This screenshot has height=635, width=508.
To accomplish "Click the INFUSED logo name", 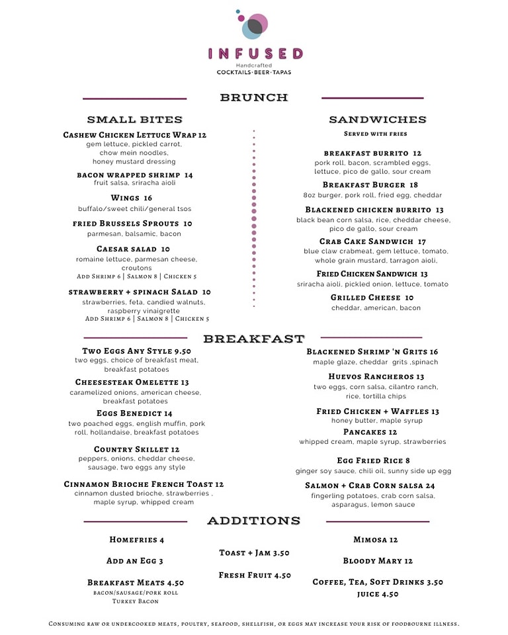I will [255, 54].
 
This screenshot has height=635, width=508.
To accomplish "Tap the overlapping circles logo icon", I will [253, 25].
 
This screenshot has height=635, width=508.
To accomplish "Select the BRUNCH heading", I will [254, 98].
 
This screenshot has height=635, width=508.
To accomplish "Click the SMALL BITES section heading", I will [134, 120].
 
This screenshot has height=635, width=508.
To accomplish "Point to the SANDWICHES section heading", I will [378, 120].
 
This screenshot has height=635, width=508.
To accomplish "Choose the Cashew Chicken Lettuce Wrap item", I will [134, 135].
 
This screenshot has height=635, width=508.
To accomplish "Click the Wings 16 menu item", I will [131, 198].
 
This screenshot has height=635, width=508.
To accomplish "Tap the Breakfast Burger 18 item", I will [370, 185].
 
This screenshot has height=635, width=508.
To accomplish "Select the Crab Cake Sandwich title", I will [372, 241].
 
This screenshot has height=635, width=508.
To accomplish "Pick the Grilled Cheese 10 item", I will [372, 298].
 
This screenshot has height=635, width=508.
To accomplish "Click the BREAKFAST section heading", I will [254, 339].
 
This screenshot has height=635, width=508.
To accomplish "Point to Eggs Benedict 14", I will [134, 413].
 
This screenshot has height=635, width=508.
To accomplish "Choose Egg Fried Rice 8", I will [373, 460].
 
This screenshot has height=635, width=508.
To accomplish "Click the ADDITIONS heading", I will [254, 521].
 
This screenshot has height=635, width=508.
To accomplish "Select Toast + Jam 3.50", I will [254, 553].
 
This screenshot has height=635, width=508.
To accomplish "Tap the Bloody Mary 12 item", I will [377, 561].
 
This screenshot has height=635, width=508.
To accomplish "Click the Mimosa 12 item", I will [375, 540].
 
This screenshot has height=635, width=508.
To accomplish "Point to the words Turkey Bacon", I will [135, 601].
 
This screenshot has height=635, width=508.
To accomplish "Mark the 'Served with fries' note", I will [375, 134].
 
